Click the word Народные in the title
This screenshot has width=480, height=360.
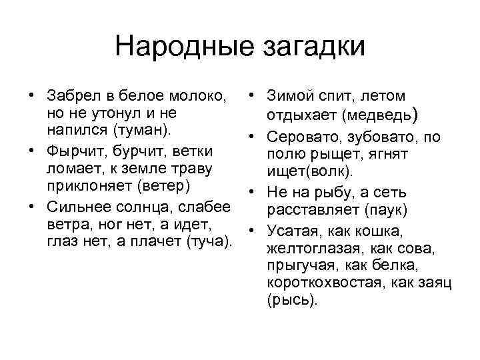[x=184, y=47]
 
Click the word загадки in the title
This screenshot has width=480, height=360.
[x=314, y=48]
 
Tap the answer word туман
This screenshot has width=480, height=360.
[x=141, y=130]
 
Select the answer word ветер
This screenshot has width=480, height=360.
[x=164, y=185]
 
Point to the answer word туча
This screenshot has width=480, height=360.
[x=207, y=241]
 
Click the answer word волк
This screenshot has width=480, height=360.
[x=329, y=171]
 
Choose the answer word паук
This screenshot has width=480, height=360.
[x=386, y=211]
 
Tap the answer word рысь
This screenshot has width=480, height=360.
[x=291, y=300]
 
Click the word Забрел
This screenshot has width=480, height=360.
[x=74, y=95]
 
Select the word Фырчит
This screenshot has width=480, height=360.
[x=75, y=151]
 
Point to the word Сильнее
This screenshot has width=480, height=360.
[x=78, y=207]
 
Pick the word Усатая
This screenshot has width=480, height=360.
[x=293, y=231]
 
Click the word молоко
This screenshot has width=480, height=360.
[x=198, y=96]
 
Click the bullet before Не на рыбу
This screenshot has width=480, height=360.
[x=251, y=192]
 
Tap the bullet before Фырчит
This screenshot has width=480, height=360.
[x=31, y=151]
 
